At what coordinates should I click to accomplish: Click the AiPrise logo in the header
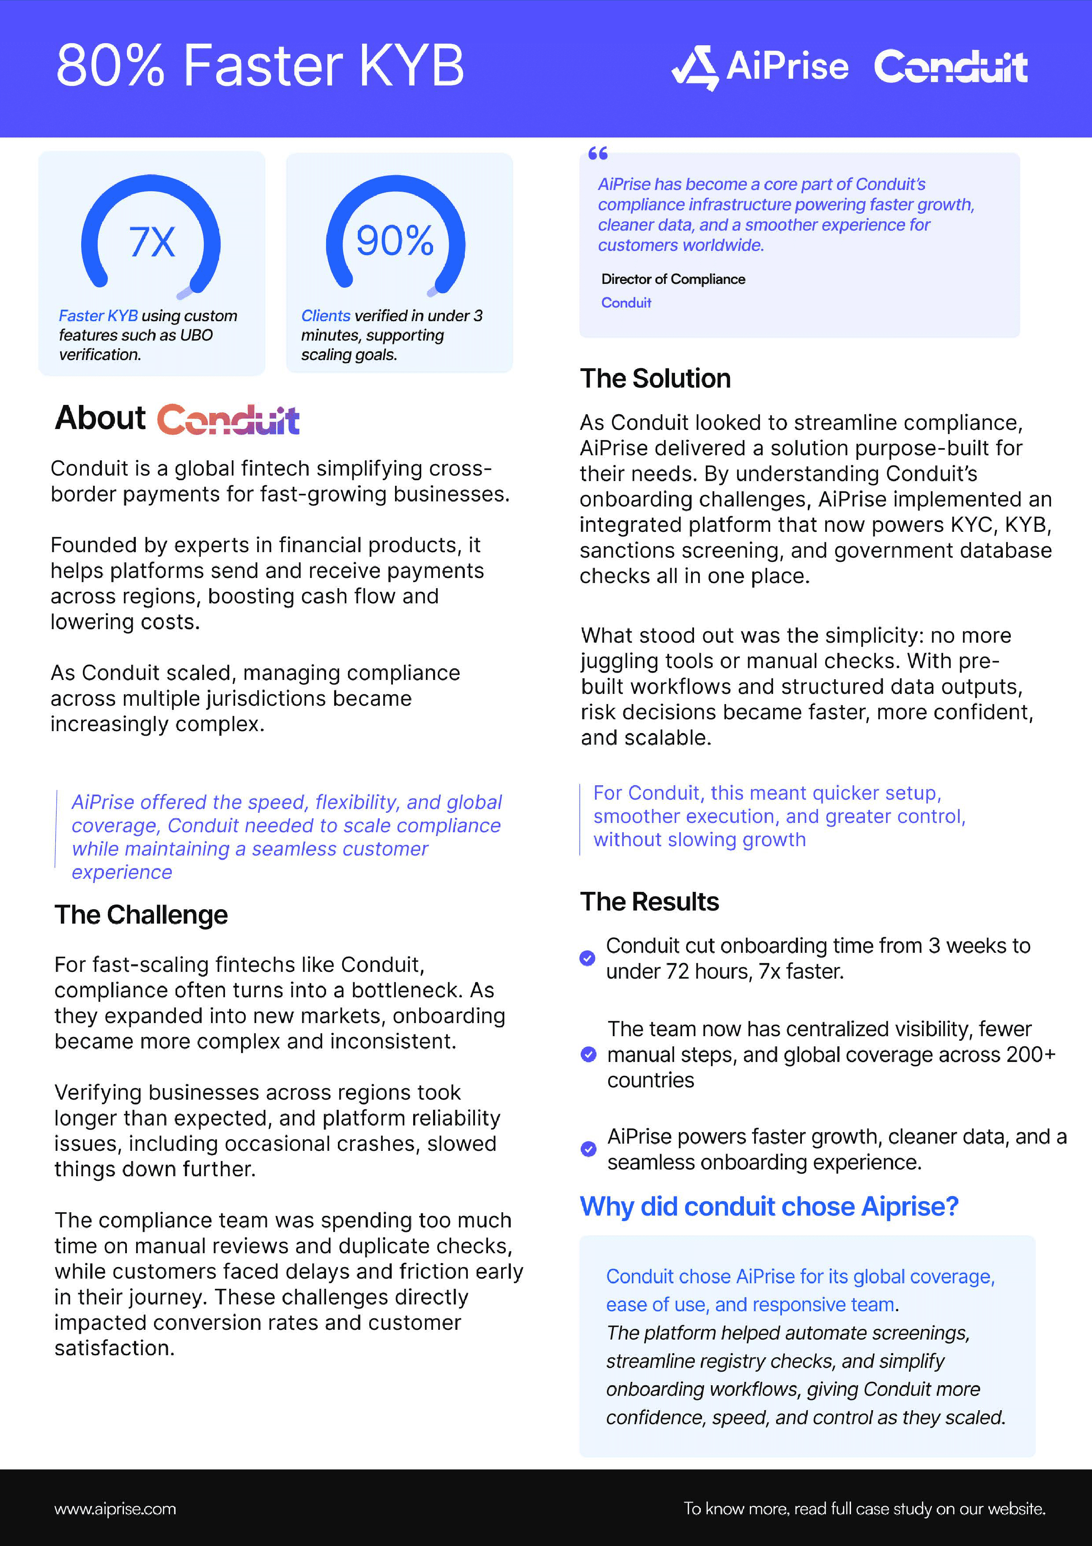tap(760, 67)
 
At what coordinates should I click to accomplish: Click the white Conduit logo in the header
tap(951, 67)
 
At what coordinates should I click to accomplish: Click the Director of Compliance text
tap(673, 279)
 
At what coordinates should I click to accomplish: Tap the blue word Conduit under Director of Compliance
tap(626, 303)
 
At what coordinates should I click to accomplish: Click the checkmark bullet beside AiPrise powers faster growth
tap(588, 1149)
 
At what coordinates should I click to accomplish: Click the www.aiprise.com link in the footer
tap(115, 1509)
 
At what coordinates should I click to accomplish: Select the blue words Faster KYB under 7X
tap(98, 316)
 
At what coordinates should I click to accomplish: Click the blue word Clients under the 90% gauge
tap(326, 316)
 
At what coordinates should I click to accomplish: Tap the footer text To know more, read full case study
tap(864, 1509)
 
